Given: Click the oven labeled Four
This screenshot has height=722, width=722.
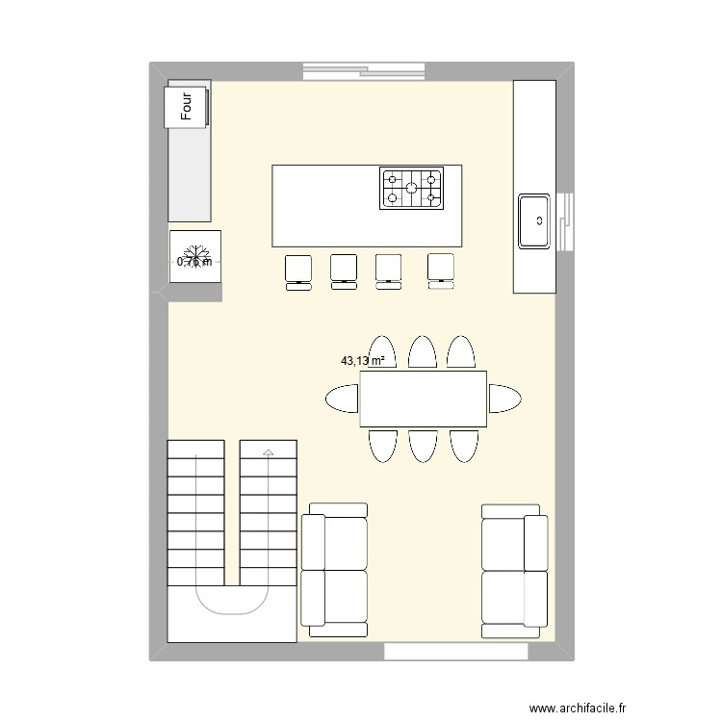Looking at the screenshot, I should point(189,104).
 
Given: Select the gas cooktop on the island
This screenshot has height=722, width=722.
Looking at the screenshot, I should point(411,189).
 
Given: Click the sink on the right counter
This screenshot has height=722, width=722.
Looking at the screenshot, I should point(535,221).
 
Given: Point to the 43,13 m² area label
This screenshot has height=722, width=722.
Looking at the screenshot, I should point(363,361).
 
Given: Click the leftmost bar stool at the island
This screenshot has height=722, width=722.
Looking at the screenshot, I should point(298,271).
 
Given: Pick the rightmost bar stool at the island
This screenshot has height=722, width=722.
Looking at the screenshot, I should point(441,271).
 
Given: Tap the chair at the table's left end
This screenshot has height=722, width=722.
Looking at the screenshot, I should point(342,398).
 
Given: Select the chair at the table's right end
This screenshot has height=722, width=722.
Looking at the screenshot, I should point(504,398).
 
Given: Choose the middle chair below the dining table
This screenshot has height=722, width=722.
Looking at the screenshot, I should point(423,445).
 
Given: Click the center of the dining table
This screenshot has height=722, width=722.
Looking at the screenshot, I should point(423,399).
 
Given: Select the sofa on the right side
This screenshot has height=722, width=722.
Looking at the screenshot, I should point(514,570).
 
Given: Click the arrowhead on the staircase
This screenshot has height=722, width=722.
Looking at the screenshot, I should point(268,451).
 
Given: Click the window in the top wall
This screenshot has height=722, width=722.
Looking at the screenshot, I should point(364,70).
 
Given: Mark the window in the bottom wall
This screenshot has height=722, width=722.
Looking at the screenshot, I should point(456,652).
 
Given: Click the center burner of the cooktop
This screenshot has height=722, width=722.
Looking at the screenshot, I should point(411,189).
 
